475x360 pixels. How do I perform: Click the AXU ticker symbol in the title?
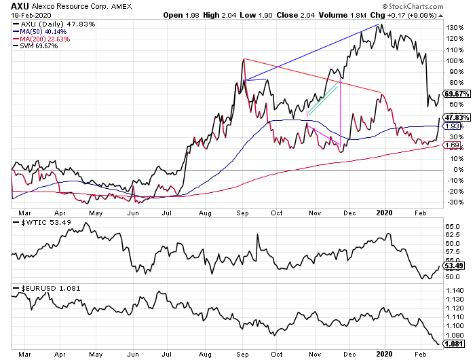(x=20, y=6)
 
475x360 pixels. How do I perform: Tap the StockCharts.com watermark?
(x=413, y=6)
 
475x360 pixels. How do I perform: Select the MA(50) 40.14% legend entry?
(x=39, y=32)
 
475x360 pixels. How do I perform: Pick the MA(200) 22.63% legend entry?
(x=41, y=39)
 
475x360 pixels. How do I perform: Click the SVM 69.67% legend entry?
(x=35, y=46)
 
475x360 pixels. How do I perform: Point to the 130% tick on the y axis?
(x=455, y=28)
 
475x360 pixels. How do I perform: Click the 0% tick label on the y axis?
(x=458, y=170)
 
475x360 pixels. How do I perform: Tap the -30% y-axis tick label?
(x=455, y=202)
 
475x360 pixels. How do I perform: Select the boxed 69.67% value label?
(x=457, y=94)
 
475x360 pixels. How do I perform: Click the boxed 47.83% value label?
(x=457, y=118)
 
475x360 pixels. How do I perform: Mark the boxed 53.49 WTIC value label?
(x=453, y=266)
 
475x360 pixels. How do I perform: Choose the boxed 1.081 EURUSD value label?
(x=453, y=344)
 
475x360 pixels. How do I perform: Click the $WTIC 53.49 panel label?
(x=42, y=223)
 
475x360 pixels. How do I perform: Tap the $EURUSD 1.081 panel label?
(x=47, y=288)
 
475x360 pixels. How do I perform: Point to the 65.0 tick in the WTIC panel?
(x=453, y=227)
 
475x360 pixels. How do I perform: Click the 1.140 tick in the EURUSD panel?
(x=455, y=291)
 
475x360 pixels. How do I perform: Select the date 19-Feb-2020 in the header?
(x=31, y=15)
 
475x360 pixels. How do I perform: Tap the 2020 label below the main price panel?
(x=384, y=213)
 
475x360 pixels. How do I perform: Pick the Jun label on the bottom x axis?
(x=133, y=355)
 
